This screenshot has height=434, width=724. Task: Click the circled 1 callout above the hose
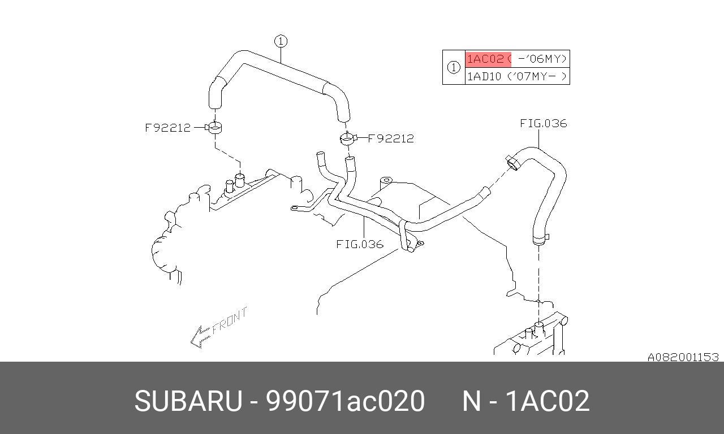click(x=281, y=41)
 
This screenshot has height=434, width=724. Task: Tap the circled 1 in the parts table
click(x=454, y=67)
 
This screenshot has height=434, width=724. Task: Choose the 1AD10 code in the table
click(x=484, y=76)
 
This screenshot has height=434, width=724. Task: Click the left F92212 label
click(x=167, y=128)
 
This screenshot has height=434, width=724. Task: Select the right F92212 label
click(x=391, y=138)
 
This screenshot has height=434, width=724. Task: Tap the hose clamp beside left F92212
click(x=215, y=128)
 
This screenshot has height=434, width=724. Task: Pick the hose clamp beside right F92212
click(x=347, y=137)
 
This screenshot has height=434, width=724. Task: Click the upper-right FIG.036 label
click(x=543, y=124)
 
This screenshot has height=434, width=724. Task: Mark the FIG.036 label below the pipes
click(x=360, y=245)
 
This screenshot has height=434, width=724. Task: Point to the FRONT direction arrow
click(x=200, y=337)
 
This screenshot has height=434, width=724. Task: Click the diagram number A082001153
click(x=683, y=357)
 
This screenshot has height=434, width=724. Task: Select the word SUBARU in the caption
click(x=187, y=402)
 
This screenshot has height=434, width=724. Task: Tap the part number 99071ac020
click(x=346, y=402)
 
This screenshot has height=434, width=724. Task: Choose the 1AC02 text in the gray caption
click(x=547, y=402)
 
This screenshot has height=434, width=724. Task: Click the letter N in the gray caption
click(x=472, y=402)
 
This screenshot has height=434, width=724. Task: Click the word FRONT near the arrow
click(x=230, y=320)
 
